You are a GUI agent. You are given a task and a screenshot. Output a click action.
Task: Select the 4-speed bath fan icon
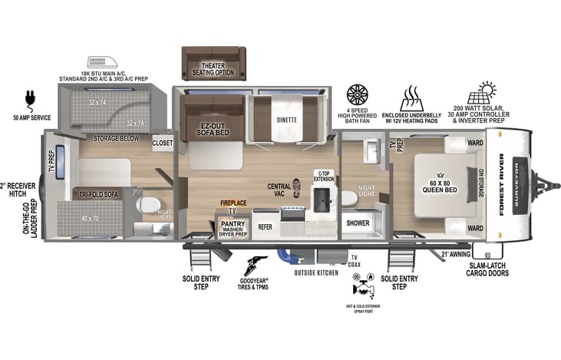point(358,95)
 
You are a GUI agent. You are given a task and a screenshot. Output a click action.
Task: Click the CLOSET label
point(162,143)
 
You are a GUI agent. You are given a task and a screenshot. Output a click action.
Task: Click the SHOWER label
point(358,223)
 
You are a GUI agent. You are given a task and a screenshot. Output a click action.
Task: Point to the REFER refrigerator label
point(265,227)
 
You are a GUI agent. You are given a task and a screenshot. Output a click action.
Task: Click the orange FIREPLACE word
point(233,203)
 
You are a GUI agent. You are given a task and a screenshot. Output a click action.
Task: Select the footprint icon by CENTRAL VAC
point(297,186)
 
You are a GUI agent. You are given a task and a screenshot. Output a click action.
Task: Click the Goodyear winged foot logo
point(259,265)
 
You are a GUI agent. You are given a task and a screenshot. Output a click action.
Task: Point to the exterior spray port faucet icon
point(360,289)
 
